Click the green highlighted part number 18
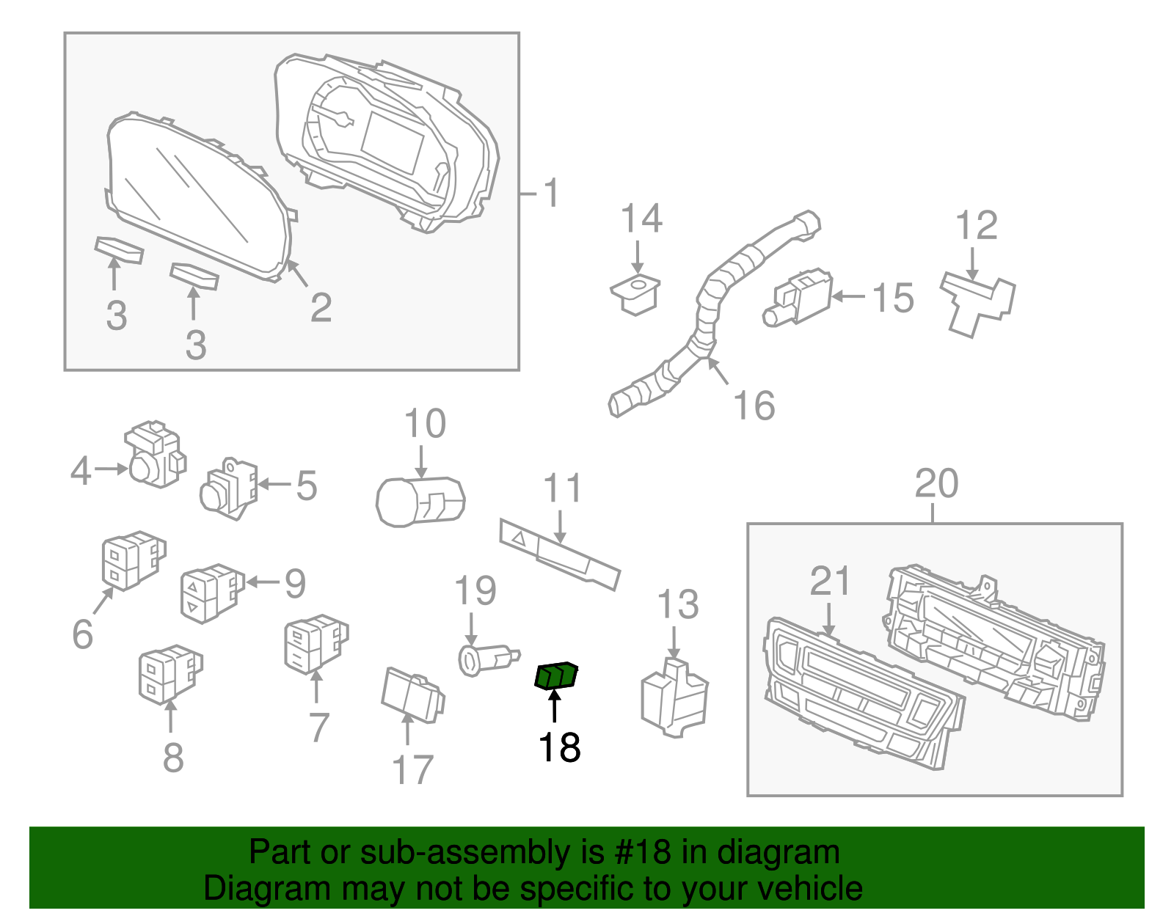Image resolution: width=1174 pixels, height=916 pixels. [x=555, y=675]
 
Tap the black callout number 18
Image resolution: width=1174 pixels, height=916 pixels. [x=559, y=748]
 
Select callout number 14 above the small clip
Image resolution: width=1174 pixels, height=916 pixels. [x=641, y=219]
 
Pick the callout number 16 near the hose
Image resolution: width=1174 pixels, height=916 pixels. [x=754, y=406]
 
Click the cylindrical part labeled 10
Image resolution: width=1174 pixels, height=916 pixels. [x=420, y=501]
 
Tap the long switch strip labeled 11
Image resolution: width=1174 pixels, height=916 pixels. [x=559, y=555]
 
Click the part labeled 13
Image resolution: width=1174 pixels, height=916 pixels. [x=674, y=697]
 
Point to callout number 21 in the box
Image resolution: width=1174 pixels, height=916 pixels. [x=830, y=581]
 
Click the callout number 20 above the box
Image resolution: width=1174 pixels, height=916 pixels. [x=936, y=483]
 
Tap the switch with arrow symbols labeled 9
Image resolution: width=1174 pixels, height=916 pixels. [x=211, y=592]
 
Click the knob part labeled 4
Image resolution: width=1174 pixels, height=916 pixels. [x=154, y=455]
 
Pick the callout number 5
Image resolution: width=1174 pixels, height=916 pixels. [x=307, y=486]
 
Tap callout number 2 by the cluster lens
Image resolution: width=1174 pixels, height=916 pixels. [x=321, y=307]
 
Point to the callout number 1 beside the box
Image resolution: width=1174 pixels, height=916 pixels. [x=552, y=193]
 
